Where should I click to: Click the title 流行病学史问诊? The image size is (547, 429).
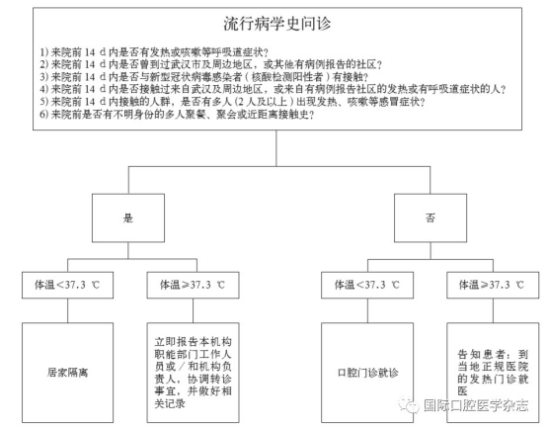click(277, 24)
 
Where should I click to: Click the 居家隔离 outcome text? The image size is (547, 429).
click(68, 373)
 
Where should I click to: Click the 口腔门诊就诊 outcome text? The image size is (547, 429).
click(367, 373)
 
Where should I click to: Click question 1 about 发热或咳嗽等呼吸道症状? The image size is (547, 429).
click(154, 52)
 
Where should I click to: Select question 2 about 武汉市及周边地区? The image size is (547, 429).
click(210, 64)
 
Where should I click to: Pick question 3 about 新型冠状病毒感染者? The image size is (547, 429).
click(203, 77)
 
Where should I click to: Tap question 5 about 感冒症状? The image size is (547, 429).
click(232, 102)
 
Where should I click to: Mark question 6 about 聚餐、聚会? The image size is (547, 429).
click(177, 115)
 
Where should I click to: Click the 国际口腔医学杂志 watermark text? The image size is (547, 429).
click(476, 405)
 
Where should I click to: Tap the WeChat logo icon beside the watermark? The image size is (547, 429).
click(409, 405)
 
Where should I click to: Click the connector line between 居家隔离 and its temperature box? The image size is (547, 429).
click(68, 310)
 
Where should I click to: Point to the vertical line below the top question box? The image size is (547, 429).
click(276, 148)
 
